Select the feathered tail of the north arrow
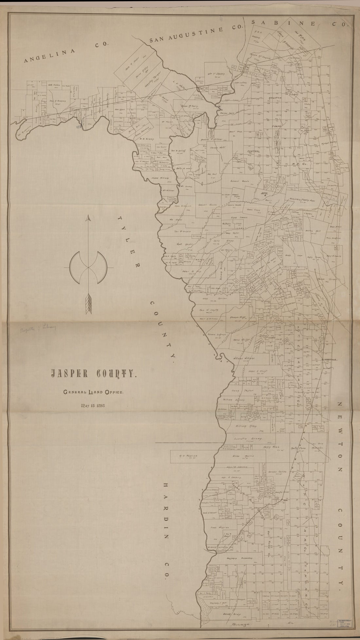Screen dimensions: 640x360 88,304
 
